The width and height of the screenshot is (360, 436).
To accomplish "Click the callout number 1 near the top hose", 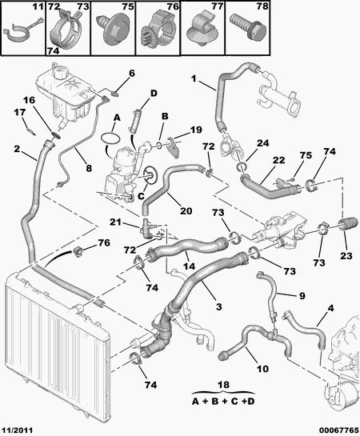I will [x=194, y=78].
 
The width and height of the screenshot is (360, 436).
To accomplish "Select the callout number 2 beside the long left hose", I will [x=17, y=149].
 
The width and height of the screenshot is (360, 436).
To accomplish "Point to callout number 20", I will [x=185, y=212].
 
